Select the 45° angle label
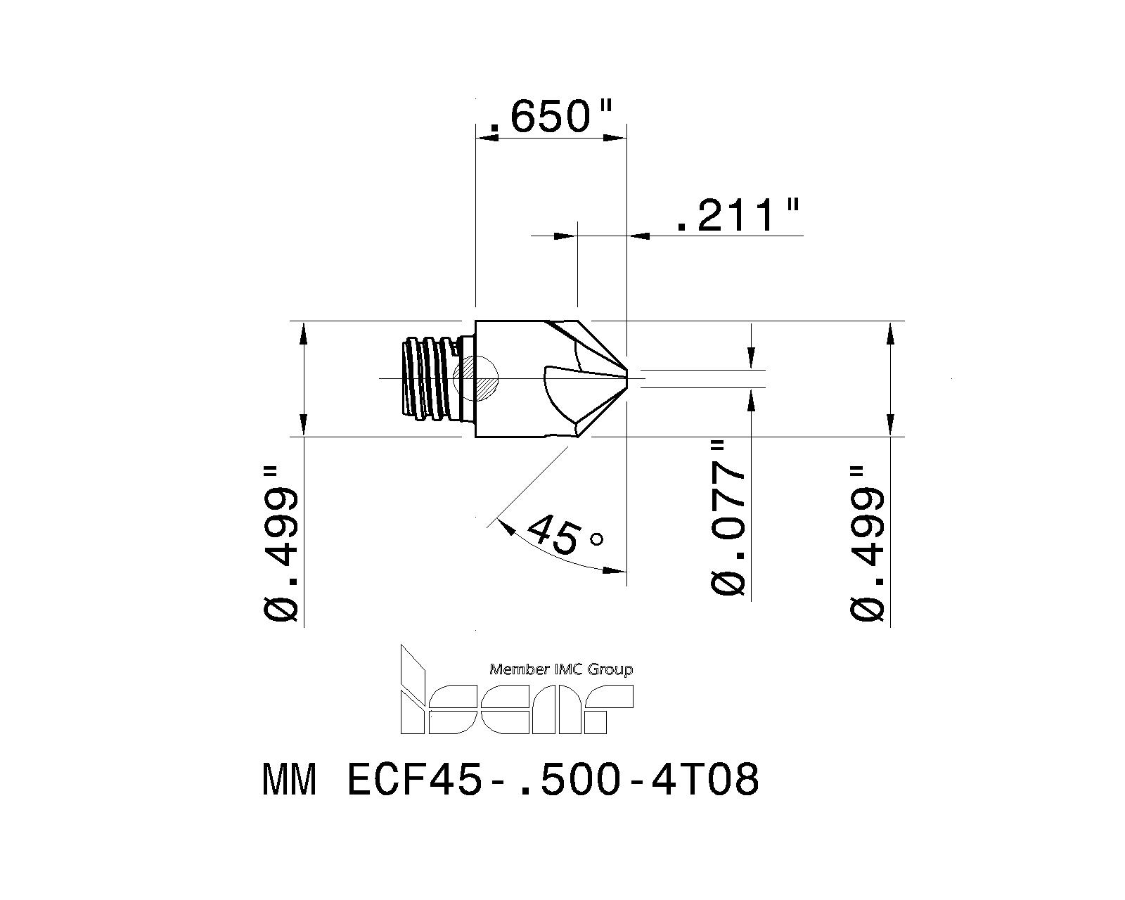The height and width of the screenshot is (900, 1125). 562,536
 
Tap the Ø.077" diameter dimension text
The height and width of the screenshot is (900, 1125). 728,518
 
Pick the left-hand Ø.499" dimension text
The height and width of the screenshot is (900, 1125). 283,544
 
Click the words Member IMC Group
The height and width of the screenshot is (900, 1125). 560,669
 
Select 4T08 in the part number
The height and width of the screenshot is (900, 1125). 706,780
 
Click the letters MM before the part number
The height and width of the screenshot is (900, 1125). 289,780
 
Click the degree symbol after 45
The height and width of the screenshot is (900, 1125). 596,539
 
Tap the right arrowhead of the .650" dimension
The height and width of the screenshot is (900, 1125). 617,139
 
